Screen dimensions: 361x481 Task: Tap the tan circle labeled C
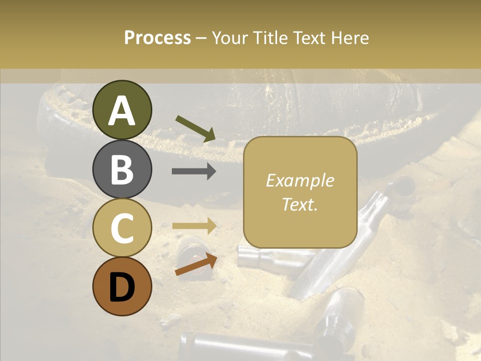[122, 228]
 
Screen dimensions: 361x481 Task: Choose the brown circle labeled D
[122, 286]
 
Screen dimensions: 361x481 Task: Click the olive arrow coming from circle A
[195, 128]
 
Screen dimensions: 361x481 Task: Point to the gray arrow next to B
[194, 171]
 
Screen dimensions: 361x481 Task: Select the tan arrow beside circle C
[194, 226]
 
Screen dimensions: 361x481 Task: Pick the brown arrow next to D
[196, 264]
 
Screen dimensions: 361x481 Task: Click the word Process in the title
[157, 38]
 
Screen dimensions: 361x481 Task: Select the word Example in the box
[300, 180]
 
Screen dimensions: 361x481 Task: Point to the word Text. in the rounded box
[300, 204]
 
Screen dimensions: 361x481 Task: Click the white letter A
[122, 111]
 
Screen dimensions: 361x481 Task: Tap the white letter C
[122, 228]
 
